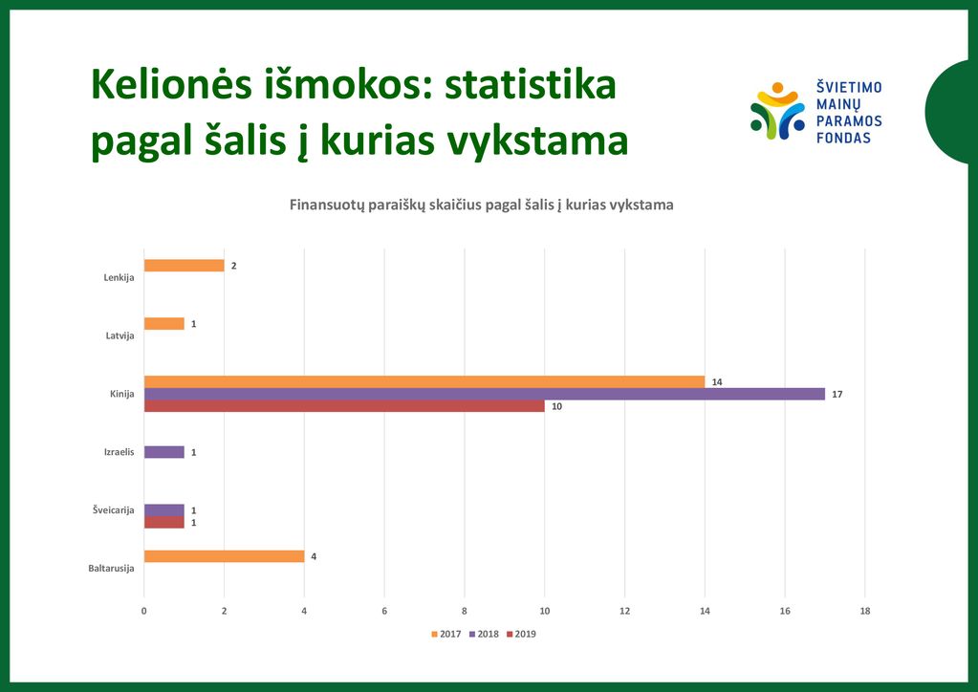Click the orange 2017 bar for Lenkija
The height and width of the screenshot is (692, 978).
[x=184, y=266]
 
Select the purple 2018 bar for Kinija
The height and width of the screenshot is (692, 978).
[x=485, y=394]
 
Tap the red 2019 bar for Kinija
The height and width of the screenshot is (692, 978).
[x=344, y=406]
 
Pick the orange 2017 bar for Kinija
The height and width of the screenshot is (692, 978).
[x=424, y=382]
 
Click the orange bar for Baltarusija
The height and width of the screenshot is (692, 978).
[x=224, y=556]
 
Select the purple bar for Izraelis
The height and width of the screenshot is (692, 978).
[x=164, y=452]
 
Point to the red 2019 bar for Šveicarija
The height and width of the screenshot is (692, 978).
[x=164, y=523]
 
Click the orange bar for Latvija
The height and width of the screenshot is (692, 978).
[x=164, y=324]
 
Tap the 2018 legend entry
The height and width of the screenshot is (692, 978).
[x=484, y=634]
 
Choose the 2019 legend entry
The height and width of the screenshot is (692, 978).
[x=521, y=634]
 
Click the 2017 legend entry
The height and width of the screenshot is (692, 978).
[x=446, y=634]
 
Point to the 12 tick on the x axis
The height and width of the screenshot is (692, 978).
[x=624, y=611]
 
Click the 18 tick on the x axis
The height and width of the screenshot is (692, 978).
[x=864, y=611]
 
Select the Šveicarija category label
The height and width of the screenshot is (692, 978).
[x=114, y=510]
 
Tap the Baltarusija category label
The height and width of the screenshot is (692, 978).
[x=111, y=568]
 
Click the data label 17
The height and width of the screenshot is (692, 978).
[x=837, y=394]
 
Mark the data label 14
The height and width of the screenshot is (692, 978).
[x=717, y=382]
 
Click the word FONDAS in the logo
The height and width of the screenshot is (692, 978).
[x=843, y=138]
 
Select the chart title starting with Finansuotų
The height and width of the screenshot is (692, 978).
[x=482, y=205]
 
